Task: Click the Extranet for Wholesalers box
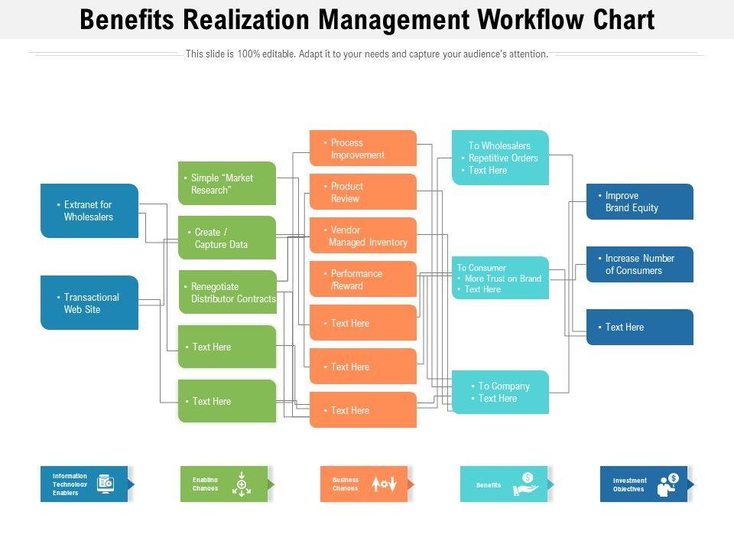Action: click(89, 210)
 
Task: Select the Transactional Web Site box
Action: click(89, 303)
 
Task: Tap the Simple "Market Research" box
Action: click(227, 184)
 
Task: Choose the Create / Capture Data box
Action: click(227, 238)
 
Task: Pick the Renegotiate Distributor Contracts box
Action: click(227, 292)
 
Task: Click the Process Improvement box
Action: click(363, 148)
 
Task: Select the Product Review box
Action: click(363, 192)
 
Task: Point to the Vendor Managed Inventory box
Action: click(363, 236)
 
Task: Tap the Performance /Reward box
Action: click(363, 279)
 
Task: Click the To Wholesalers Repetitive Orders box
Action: click(500, 158)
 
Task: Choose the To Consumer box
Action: click(500, 278)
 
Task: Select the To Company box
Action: click(500, 392)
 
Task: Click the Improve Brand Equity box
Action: click(640, 202)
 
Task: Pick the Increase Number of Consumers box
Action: click(640, 265)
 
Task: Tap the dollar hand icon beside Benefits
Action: click(526, 484)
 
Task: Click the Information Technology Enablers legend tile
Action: click(85, 484)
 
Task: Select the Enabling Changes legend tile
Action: click(225, 484)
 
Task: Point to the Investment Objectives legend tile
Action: click(644, 484)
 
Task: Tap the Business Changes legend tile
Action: click(364, 484)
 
